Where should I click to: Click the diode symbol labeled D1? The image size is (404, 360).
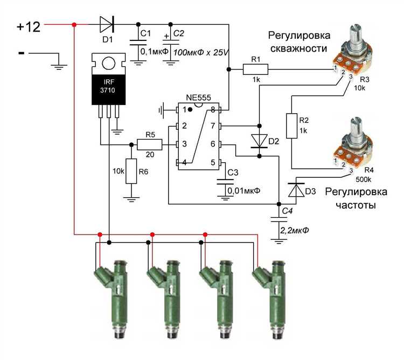pos(107,24)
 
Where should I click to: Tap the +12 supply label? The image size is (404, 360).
pos(29,26)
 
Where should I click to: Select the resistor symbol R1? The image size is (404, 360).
pos(255,70)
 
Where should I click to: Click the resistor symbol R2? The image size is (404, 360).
pos(291,126)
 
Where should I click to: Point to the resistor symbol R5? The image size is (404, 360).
pos(149,144)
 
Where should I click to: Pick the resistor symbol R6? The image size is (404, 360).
pos(131,171)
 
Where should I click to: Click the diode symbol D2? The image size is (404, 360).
pos(260,141)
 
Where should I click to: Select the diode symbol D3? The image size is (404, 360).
pos(296,189)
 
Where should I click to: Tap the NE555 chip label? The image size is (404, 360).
pos(198,98)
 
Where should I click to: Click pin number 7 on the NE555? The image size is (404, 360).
pos(213,126)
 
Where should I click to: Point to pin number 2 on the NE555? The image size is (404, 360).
pos(184,126)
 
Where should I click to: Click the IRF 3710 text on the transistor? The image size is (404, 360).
pos(107,86)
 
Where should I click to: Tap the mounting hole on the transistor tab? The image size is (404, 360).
pos(109,63)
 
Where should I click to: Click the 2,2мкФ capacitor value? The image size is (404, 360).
pos(294,230)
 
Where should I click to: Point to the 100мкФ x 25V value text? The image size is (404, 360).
pos(201,53)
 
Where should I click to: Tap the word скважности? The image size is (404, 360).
pos(298,49)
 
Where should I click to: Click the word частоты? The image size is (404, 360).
pos(356,205)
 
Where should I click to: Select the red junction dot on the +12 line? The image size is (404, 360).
pos(74,25)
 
